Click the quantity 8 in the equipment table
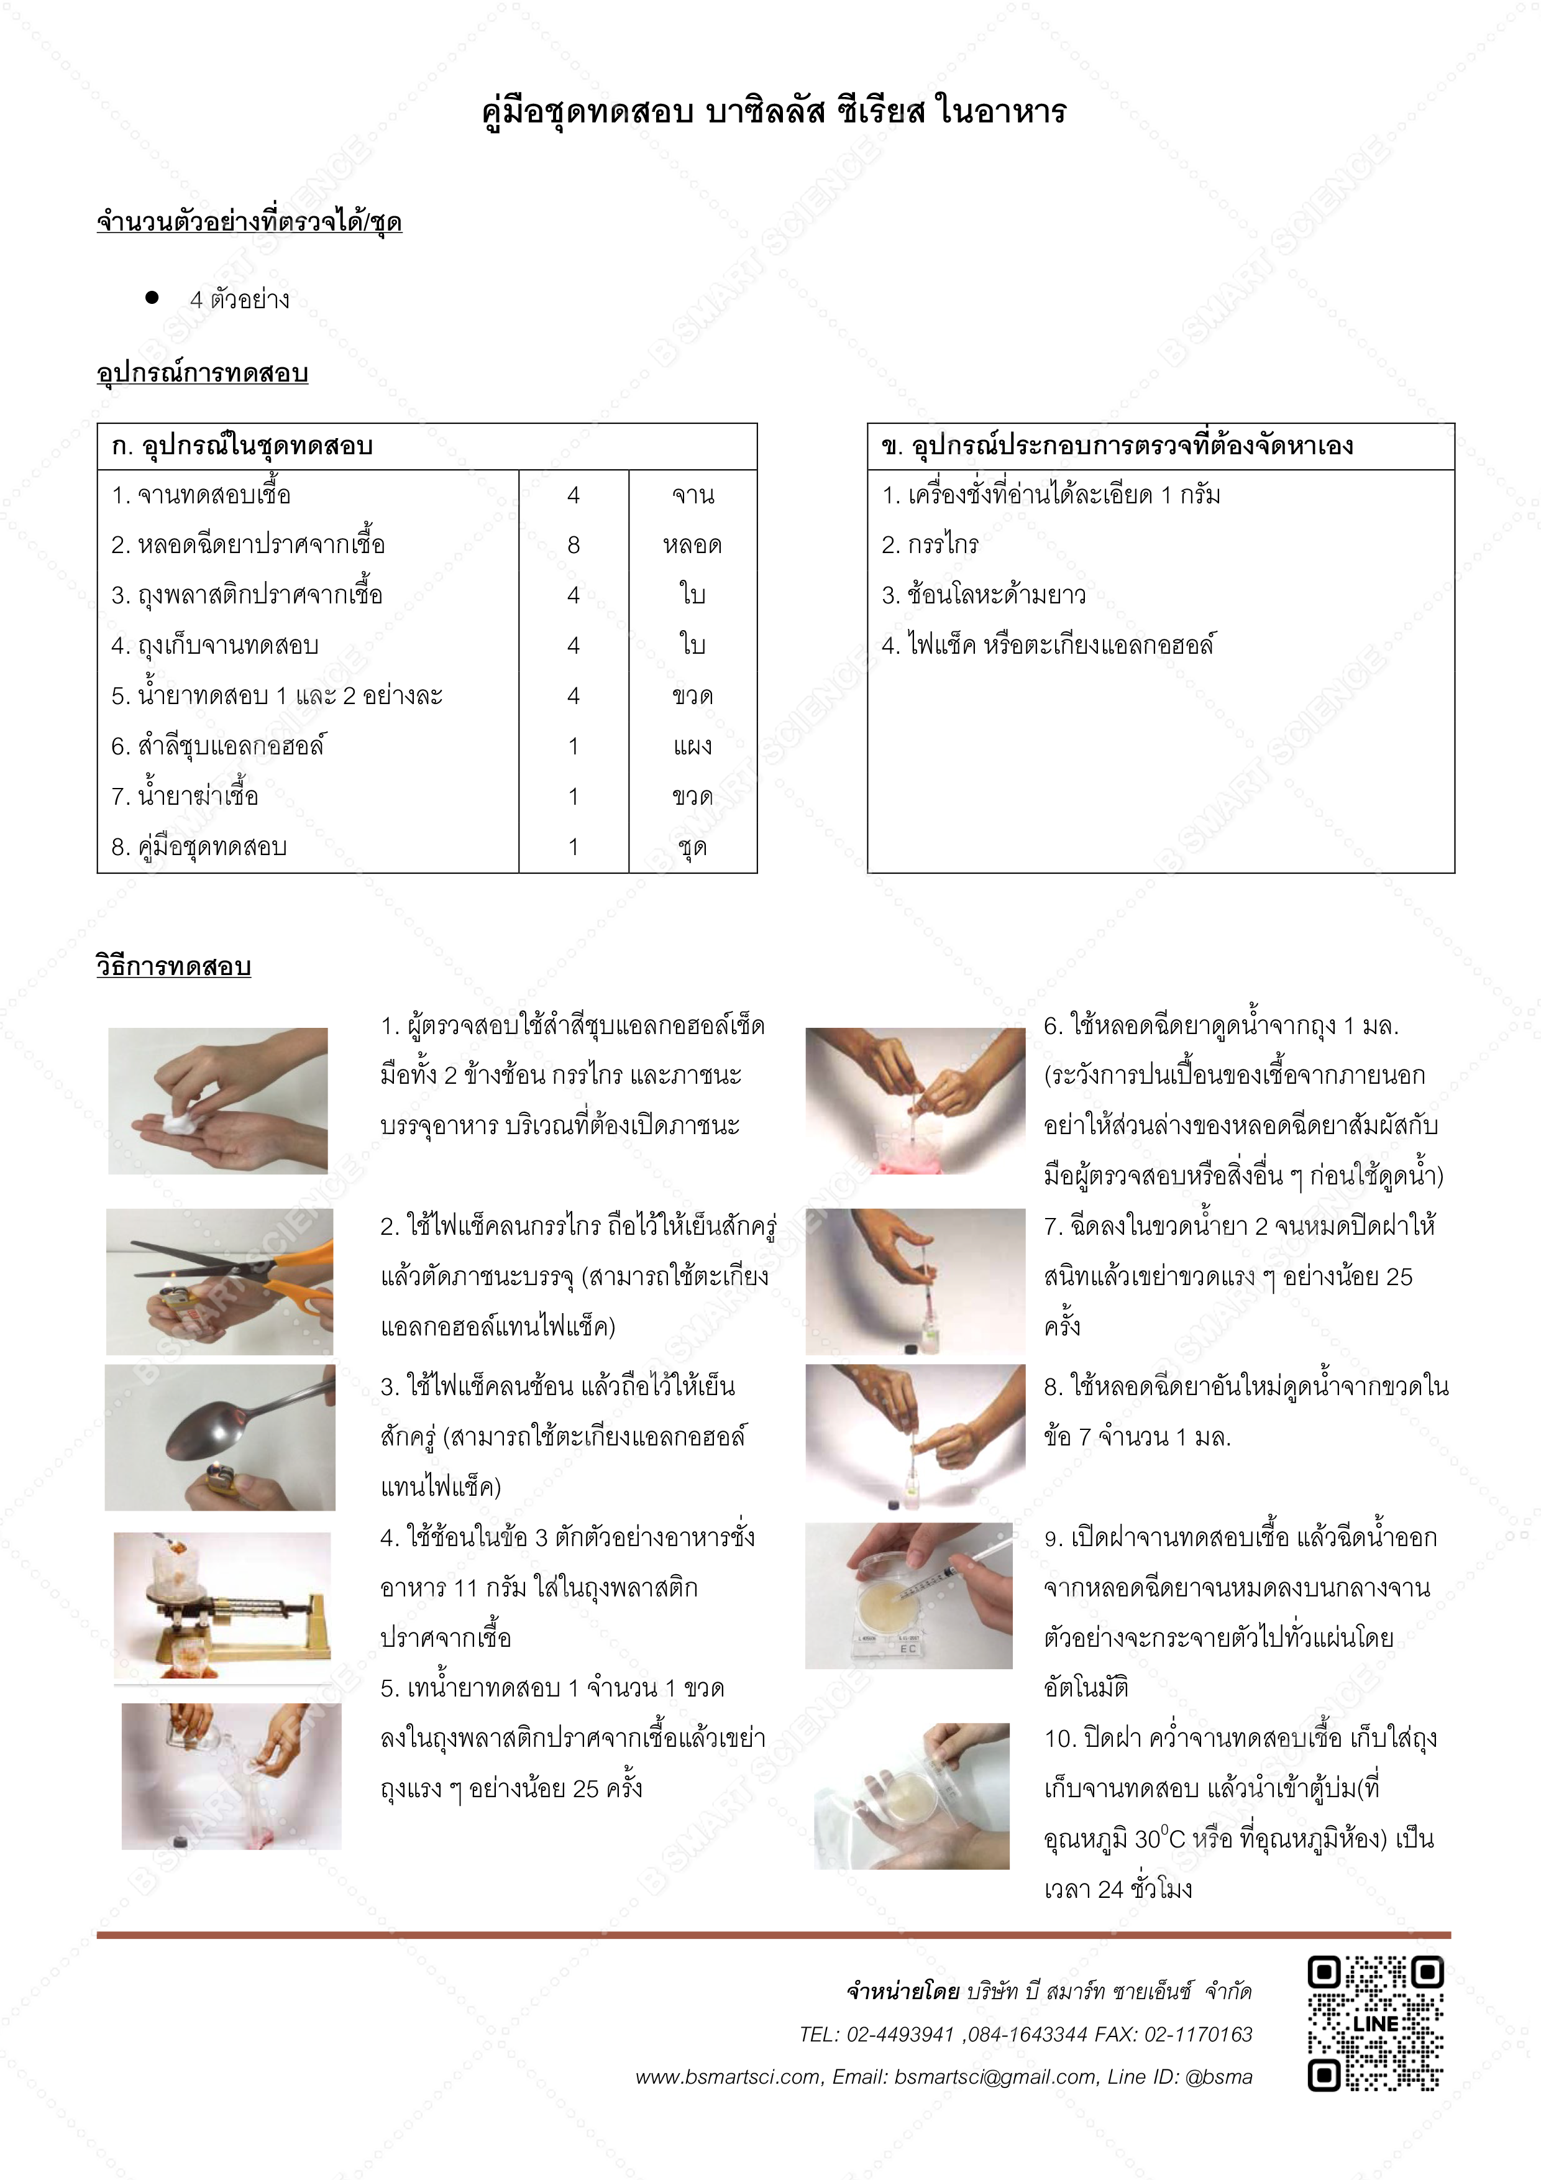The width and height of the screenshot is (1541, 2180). point(574,545)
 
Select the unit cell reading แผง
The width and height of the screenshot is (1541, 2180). point(692,746)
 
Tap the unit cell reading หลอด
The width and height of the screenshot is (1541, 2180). point(692,545)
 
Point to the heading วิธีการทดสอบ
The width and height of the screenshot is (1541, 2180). point(174,966)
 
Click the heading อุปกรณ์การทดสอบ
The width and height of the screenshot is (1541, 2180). point(202,373)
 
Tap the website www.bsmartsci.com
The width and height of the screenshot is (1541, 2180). point(727,2076)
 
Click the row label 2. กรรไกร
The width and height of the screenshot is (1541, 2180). point(930,545)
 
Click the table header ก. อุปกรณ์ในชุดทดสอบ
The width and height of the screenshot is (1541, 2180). point(242,446)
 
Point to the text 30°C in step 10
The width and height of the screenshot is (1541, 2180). point(1159,1839)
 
